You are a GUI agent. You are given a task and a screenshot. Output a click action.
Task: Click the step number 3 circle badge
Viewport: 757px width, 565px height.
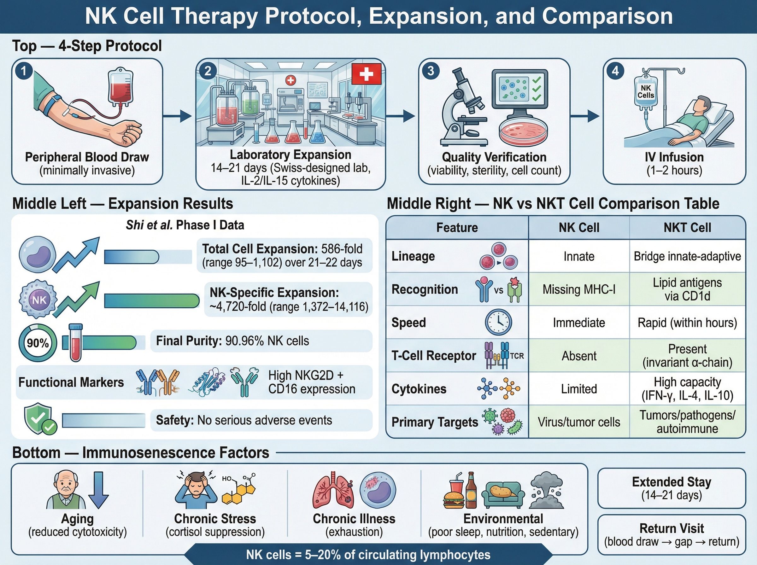(431, 71)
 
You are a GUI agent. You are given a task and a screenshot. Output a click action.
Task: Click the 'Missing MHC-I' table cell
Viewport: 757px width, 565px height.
(579, 289)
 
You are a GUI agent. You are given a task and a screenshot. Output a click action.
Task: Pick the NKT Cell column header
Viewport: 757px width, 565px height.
(687, 227)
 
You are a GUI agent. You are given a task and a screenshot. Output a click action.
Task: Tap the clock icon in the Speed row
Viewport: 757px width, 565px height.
(498, 322)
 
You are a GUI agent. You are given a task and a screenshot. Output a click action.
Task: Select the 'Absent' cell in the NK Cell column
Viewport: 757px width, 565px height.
(579, 356)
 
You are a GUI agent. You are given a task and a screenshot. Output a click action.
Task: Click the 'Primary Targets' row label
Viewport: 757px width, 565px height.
(434, 422)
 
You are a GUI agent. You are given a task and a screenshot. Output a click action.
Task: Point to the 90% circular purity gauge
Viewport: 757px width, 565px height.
(38, 343)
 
